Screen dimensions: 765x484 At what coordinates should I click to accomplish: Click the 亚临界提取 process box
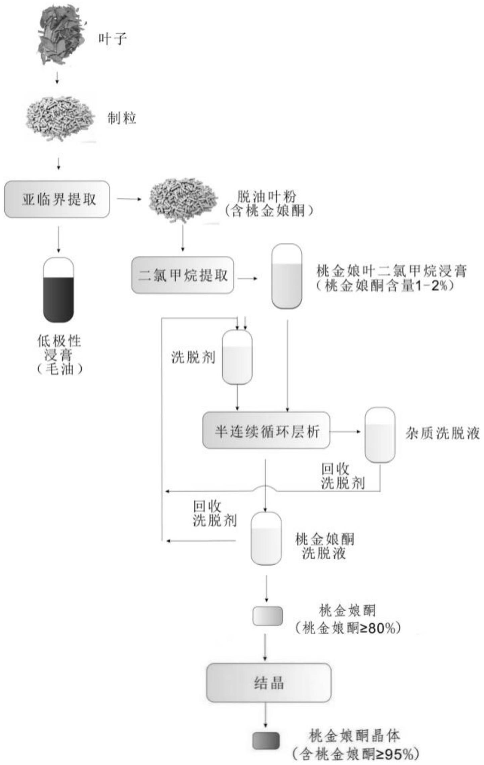click(57, 199)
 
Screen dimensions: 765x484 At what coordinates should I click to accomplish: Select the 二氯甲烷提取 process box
click(183, 275)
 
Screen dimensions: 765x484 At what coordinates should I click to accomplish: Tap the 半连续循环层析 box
click(266, 430)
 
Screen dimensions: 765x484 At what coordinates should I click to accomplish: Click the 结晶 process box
click(269, 682)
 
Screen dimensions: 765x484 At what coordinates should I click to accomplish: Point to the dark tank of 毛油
click(58, 290)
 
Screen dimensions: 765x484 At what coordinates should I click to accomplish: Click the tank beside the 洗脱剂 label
click(237, 357)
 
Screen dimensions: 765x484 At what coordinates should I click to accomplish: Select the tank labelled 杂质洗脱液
click(380, 435)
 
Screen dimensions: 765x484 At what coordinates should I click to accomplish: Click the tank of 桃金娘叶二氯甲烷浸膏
click(287, 276)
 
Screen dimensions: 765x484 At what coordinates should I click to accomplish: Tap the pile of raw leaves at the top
click(60, 35)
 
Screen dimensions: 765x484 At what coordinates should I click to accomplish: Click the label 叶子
click(112, 39)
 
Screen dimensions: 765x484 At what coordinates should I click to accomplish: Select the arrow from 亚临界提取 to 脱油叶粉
click(129, 199)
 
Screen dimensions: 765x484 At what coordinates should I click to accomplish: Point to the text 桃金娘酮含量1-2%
click(386, 286)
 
